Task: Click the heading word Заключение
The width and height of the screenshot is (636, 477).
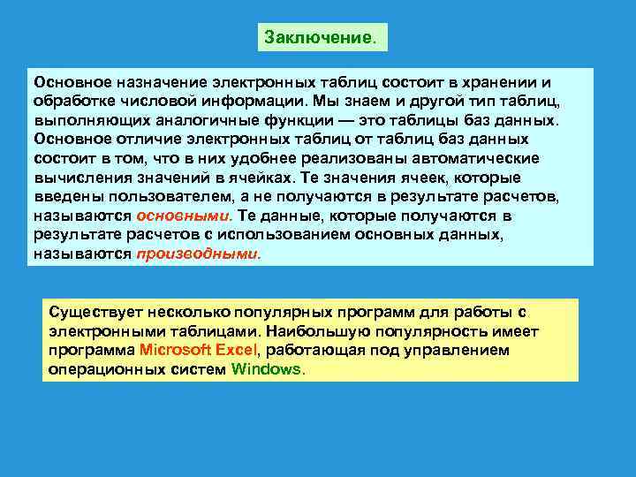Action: click(x=320, y=38)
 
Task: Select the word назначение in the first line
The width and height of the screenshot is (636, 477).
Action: click(x=141, y=81)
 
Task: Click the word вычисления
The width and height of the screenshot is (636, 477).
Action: click(x=76, y=178)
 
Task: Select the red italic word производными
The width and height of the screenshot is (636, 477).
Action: click(x=198, y=254)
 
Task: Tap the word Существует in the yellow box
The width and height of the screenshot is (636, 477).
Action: click(x=92, y=312)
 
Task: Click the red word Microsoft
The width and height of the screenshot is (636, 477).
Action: click(x=179, y=350)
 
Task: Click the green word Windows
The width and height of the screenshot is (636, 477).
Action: click(x=266, y=369)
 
